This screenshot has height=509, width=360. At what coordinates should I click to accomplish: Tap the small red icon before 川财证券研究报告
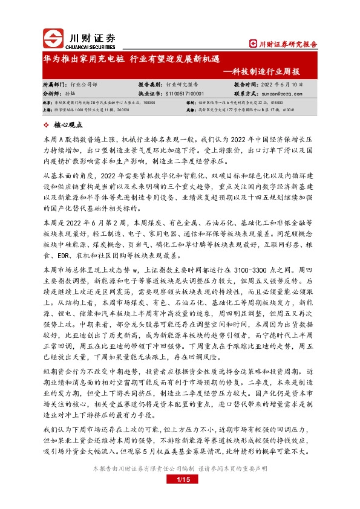(x=254, y=44)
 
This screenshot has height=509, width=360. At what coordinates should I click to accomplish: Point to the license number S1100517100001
(x=183, y=94)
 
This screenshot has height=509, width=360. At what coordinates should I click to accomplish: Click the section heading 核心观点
(x=68, y=125)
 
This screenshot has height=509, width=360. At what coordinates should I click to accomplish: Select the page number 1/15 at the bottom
(x=182, y=479)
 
